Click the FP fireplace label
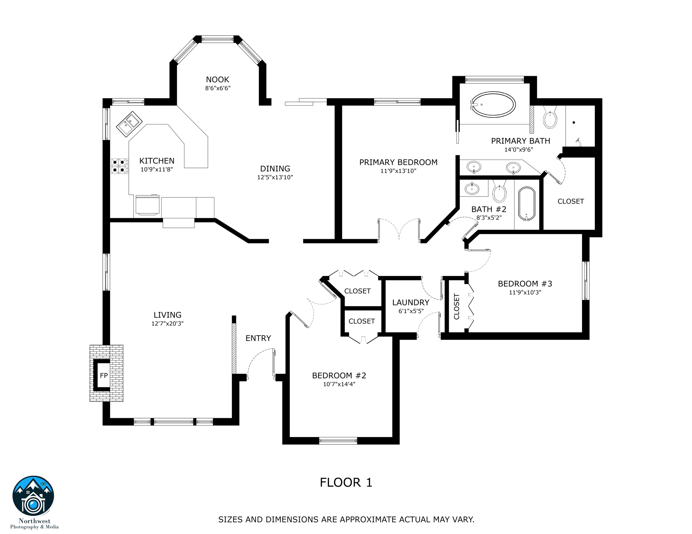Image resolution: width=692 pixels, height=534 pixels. pyautogui.click(x=104, y=375)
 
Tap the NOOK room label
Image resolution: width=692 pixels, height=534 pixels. pyautogui.click(x=218, y=80)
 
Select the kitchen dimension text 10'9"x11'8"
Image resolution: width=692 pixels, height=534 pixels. pyautogui.click(x=157, y=170)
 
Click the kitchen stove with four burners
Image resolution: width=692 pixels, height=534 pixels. pyautogui.click(x=119, y=166)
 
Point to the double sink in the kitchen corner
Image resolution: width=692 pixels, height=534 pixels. pyautogui.click(x=129, y=124)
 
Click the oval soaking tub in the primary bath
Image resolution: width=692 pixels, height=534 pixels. pyautogui.click(x=493, y=104)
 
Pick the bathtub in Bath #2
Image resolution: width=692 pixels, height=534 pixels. pyautogui.click(x=526, y=204)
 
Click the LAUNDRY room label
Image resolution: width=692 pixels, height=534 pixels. pyautogui.click(x=411, y=302)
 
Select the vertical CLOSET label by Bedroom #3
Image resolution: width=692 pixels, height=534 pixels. pyautogui.click(x=457, y=307)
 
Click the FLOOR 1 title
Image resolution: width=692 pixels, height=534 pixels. pyautogui.click(x=346, y=483)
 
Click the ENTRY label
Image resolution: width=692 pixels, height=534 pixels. pyautogui.click(x=258, y=338)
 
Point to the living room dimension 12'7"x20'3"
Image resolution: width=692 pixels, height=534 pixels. pyautogui.click(x=167, y=324)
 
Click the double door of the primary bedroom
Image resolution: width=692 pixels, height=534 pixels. pyautogui.click(x=399, y=230)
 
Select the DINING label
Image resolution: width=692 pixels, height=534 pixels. pyautogui.click(x=275, y=169)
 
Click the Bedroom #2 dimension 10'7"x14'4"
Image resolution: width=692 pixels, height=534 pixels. pyautogui.click(x=339, y=384)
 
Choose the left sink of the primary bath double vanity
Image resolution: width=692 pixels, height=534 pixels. pyautogui.click(x=474, y=167)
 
